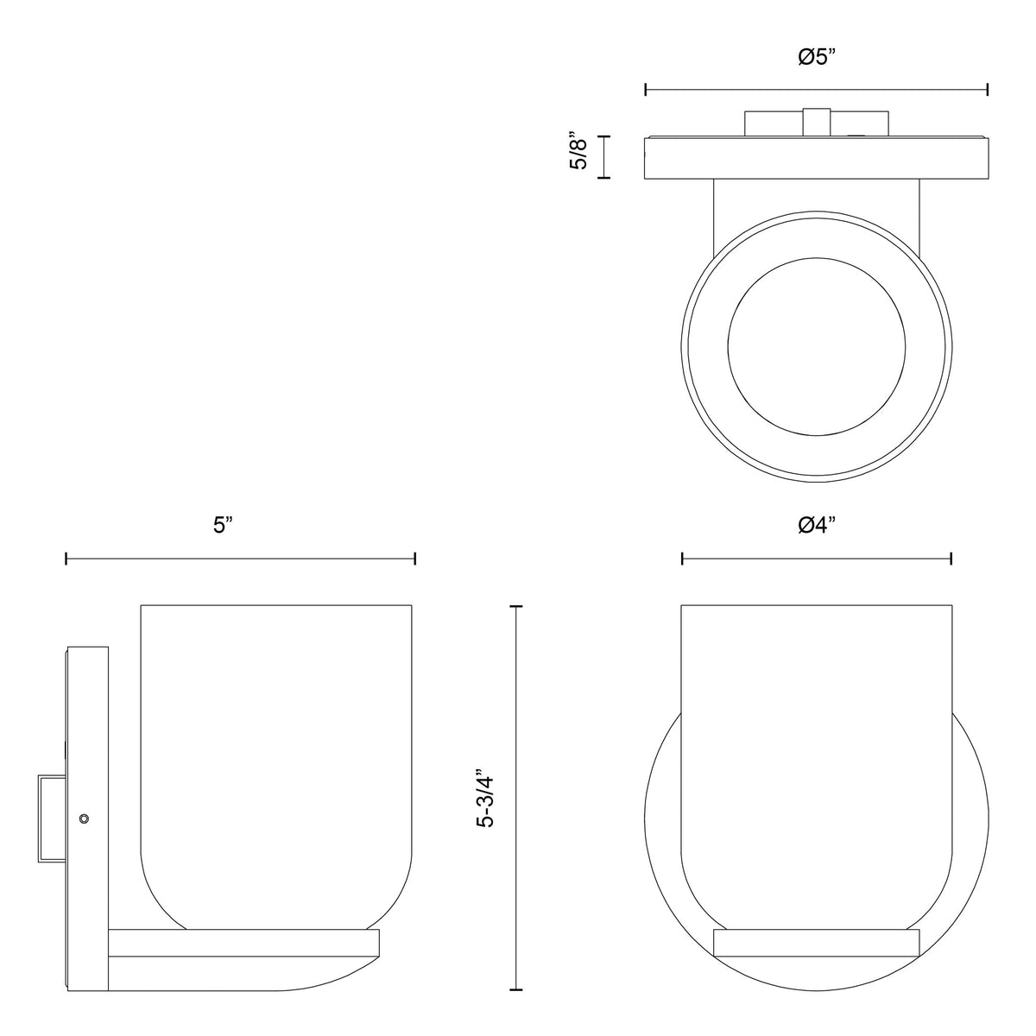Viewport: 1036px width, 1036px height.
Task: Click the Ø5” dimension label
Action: click(817, 56)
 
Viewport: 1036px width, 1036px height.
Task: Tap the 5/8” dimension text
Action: click(578, 151)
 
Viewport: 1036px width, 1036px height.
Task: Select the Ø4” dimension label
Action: click(817, 525)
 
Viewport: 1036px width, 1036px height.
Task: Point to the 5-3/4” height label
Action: click(487, 804)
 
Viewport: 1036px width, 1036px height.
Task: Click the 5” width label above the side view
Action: click(223, 525)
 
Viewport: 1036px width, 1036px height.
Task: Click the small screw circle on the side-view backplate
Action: click(84, 818)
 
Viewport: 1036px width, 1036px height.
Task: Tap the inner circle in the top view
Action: click(817, 347)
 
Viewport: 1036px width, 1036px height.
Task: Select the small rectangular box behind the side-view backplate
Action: click(52, 818)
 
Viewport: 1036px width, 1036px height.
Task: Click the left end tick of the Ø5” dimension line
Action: click(646, 90)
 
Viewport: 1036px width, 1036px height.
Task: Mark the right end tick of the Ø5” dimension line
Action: click(988, 90)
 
